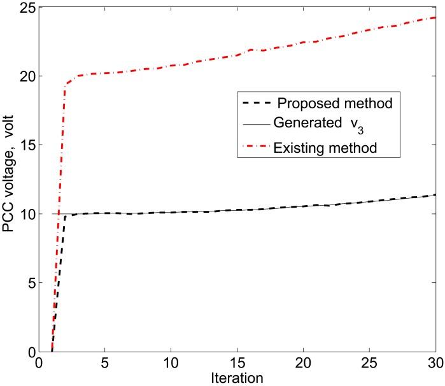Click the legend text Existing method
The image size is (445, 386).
click(x=325, y=148)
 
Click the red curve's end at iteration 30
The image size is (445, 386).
click(x=435, y=17)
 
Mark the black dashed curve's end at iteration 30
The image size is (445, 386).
click(x=435, y=195)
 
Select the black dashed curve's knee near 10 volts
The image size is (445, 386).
click(x=66, y=217)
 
